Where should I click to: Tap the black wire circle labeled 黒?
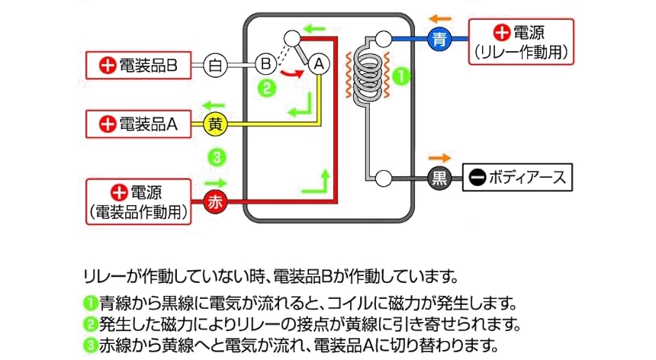(x=439, y=178)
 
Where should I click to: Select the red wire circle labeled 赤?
(x=217, y=202)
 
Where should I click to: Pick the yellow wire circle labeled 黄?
(x=217, y=124)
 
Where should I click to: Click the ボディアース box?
(x=518, y=178)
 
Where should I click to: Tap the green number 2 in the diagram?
(x=265, y=88)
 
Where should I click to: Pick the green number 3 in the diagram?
(x=217, y=158)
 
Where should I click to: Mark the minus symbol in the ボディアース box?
(x=476, y=178)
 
